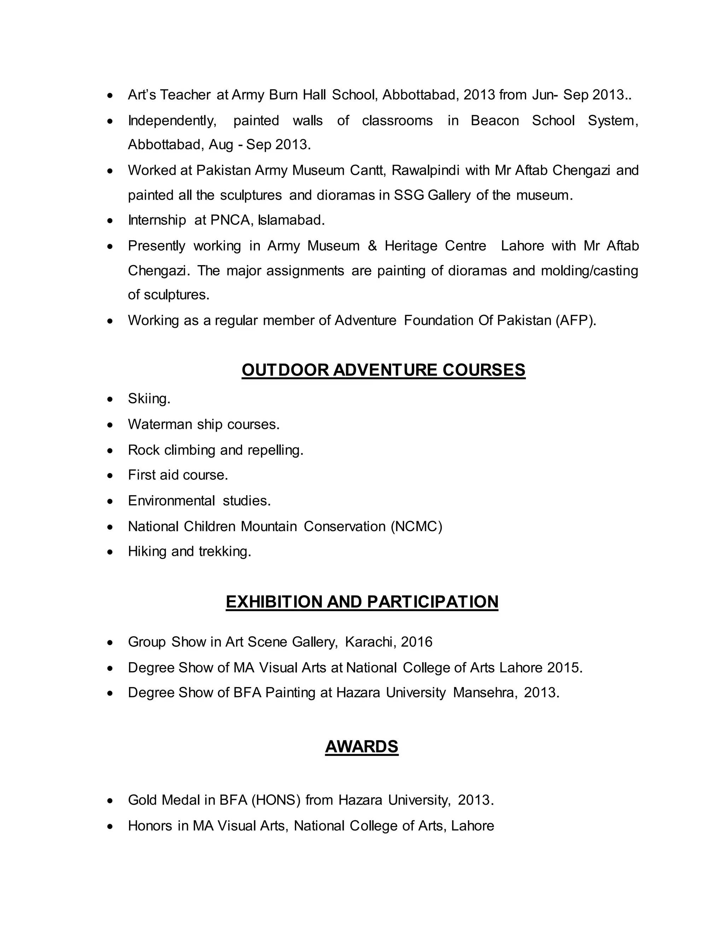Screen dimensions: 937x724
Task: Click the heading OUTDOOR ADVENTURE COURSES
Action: [x=384, y=370]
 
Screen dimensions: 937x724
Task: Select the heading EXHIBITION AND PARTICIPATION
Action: [x=362, y=601]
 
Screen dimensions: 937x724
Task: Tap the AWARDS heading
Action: [x=362, y=746]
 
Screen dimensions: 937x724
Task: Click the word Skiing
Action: [x=149, y=399]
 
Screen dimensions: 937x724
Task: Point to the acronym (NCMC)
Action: [x=416, y=526]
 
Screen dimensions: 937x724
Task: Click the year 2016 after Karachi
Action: [x=416, y=642]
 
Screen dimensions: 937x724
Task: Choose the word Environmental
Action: [x=171, y=501]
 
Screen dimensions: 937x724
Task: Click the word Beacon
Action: [x=495, y=121]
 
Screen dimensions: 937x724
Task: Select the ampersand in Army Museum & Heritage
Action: [x=372, y=246]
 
